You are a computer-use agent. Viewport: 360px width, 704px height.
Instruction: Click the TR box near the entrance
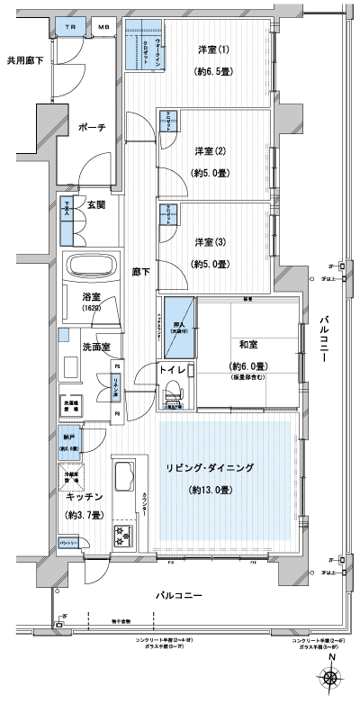pyautogui.click(x=69, y=29)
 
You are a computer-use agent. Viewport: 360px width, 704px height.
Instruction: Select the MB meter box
pyautogui.click(x=103, y=29)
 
